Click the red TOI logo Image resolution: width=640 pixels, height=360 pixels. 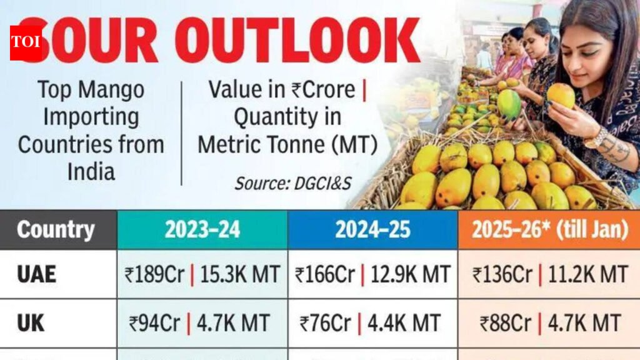click(x=25, y=42)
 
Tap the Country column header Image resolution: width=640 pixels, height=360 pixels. click(x=56, y=229)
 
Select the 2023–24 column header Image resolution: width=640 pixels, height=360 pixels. click(x=202, y=229)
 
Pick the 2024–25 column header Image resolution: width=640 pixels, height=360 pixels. click(x=372, y=229)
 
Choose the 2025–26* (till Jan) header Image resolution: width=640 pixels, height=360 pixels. click(x=549, y=229)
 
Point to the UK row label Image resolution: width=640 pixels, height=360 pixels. click(x=31, y=322)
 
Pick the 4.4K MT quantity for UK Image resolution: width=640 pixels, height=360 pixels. click(x=403, y=322)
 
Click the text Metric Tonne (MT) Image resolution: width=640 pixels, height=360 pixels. click(x=287, y=144)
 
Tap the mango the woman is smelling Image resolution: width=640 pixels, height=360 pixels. click(x=561, y=95)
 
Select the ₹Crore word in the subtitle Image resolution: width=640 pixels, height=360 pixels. click(x=323, y=89)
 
